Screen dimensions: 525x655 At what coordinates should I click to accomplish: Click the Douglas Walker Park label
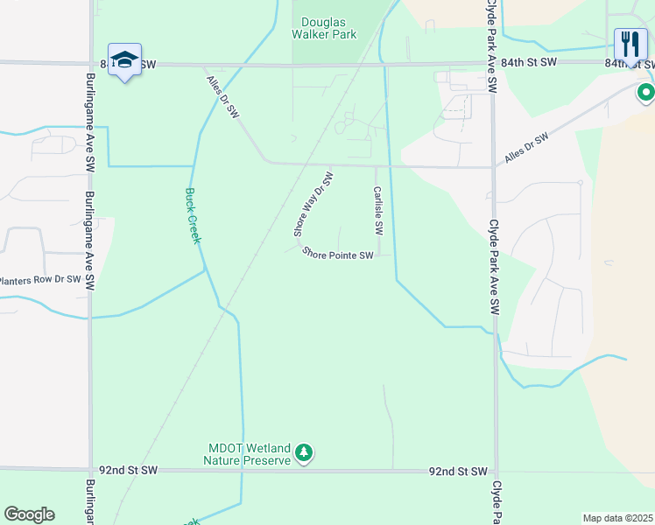[x=329, y=28]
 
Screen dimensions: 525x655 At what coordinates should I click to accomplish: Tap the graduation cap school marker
[x=125, y=60]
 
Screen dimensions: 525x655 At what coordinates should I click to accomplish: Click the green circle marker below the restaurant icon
[x=646, y=92]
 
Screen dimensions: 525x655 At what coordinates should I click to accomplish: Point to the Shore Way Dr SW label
[x=313, y=204]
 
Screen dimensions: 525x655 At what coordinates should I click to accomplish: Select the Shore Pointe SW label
[x=338, y=255]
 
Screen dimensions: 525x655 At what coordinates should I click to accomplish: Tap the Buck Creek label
[x=194, y=216]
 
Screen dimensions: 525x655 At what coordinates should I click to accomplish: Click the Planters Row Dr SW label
[x=40, y=281]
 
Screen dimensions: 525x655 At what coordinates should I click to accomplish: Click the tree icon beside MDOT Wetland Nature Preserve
[x=304, y=453]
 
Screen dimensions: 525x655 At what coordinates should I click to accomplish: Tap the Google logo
[x=29, y=514]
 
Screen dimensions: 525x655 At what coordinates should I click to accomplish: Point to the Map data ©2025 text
[x=617, y=518]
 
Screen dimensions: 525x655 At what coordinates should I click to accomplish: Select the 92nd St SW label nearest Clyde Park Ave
[x=457, y=472]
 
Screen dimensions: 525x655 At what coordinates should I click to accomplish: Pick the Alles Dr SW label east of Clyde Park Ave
[x=526, y=149]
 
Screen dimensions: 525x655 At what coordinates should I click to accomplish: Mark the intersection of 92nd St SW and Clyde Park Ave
[x=496, y=472]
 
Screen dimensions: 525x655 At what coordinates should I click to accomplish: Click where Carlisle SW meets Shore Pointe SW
[x=379, y=256]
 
